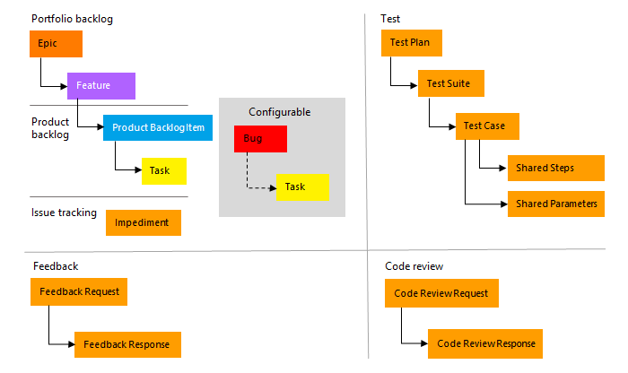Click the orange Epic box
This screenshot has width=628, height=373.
(x=56, y=44)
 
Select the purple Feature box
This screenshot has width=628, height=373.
(x=100, y=86)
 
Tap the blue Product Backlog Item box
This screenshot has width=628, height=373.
(x=158, y=128)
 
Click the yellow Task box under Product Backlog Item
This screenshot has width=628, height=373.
(x=163, y=170)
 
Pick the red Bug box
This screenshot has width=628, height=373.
(x=260, y=139)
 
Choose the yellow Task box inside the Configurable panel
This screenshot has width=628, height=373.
(x=302, y=186)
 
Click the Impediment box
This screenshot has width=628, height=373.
(x=143, y=222)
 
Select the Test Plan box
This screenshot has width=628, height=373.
(x=412, y=42)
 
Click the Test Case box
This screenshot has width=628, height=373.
(x=487, y=126)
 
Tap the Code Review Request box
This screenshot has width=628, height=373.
(x=441, y=293)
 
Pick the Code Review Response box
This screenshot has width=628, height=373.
(x=485, y=344)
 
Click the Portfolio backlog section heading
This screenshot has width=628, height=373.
(x=72, y=19)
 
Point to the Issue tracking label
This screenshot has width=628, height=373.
(x=64, y=213)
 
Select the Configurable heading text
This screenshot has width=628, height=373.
(x=280, y=112)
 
